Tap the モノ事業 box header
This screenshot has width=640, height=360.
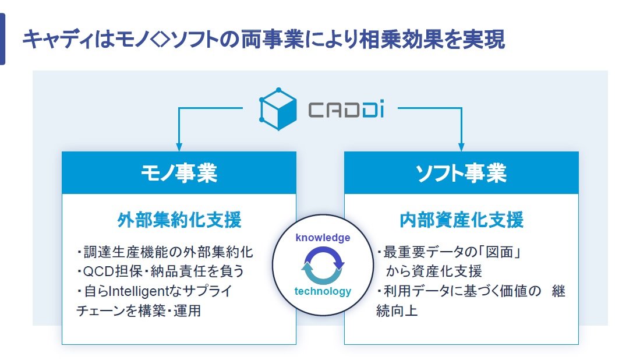coord(179,173)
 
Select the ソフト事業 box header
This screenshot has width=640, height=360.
coord(461,173)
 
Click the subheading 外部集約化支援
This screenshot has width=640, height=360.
coord(179,220)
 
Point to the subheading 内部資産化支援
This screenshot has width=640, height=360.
coord(461,220)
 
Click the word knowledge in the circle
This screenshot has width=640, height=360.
coord(323,238)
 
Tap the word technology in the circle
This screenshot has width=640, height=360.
coord(323,291)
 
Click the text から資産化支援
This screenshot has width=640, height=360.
coord(434,271)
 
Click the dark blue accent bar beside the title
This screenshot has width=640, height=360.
coord(2,40)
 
